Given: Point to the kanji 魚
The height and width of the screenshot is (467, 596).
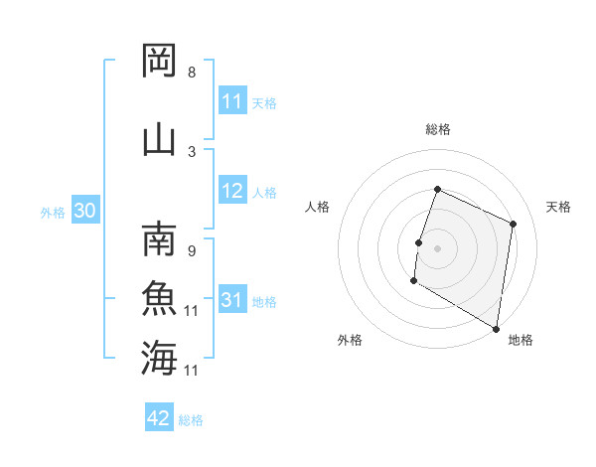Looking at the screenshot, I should click(x=159, y=298).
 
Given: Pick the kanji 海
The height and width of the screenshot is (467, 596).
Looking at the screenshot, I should click(x=159, y=357).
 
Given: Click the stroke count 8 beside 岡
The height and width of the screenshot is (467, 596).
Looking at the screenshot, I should click(x=192, y=73).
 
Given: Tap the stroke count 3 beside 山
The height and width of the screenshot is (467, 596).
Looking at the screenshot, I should click(x=192, y=151).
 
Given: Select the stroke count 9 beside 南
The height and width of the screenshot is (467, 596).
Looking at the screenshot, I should click(x=192, y=251).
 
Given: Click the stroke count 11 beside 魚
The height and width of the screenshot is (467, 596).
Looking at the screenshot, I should click(x=193, y=311).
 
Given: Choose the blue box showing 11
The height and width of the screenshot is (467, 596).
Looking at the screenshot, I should click(x=232, y=101).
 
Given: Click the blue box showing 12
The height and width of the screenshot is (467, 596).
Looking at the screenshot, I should click(x=232, y=192).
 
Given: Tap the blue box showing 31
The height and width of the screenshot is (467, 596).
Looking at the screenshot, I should click(x=232, y=301).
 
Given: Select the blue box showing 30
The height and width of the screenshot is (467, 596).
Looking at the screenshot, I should click(x=84, y=212).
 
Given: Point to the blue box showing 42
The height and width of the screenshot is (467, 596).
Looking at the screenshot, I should click(x=159, y=418).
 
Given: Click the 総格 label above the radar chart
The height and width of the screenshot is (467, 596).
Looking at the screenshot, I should click(x=438, y=129).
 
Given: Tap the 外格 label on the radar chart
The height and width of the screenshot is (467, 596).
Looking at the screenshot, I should click(x=350, y=340).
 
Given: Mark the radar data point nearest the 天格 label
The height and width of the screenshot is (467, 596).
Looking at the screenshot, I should click(x=514, y=224).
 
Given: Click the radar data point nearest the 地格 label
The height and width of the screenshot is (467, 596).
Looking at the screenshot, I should click(x=496, y=328).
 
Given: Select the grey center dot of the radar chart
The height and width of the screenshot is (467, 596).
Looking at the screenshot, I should click(x=437, y=247).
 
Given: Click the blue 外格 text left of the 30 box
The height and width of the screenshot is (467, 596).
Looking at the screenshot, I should click(x=53, y=213).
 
